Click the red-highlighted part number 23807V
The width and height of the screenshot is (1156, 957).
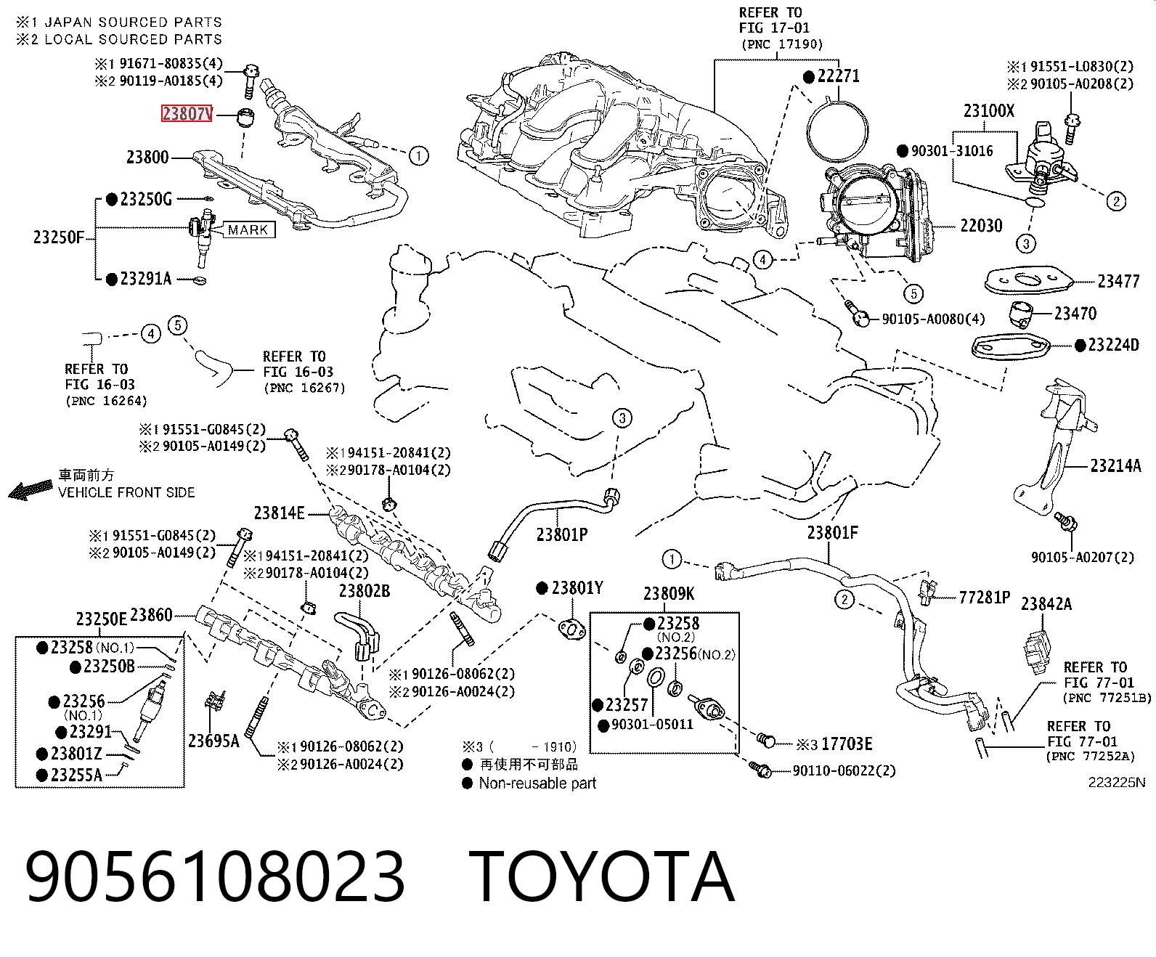coord(187,113)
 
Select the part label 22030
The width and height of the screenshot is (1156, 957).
coord(981,226)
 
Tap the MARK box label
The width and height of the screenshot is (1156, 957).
coord(248,230)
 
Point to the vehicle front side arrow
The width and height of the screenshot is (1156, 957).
coord(31,491)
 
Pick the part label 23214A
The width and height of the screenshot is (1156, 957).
coord(1115,465)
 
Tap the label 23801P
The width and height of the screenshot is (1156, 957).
coord(562,534)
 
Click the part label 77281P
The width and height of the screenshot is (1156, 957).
coord(985,597)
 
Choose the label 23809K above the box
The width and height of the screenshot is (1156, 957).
coord(669,594)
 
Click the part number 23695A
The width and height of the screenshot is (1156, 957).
coord(213,741)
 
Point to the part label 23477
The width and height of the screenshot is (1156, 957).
coord(1118,281)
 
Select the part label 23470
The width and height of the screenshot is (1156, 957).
coord(1075,314)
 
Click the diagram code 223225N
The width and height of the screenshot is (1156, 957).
coord(1117,783)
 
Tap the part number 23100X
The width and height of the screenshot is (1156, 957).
coord(989,111)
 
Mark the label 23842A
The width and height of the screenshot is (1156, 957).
coord(1046,603)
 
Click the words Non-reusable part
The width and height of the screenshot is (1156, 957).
coord(537,783)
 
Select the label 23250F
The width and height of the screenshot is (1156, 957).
coord(59,237)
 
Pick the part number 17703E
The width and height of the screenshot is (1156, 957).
coord(847,744)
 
